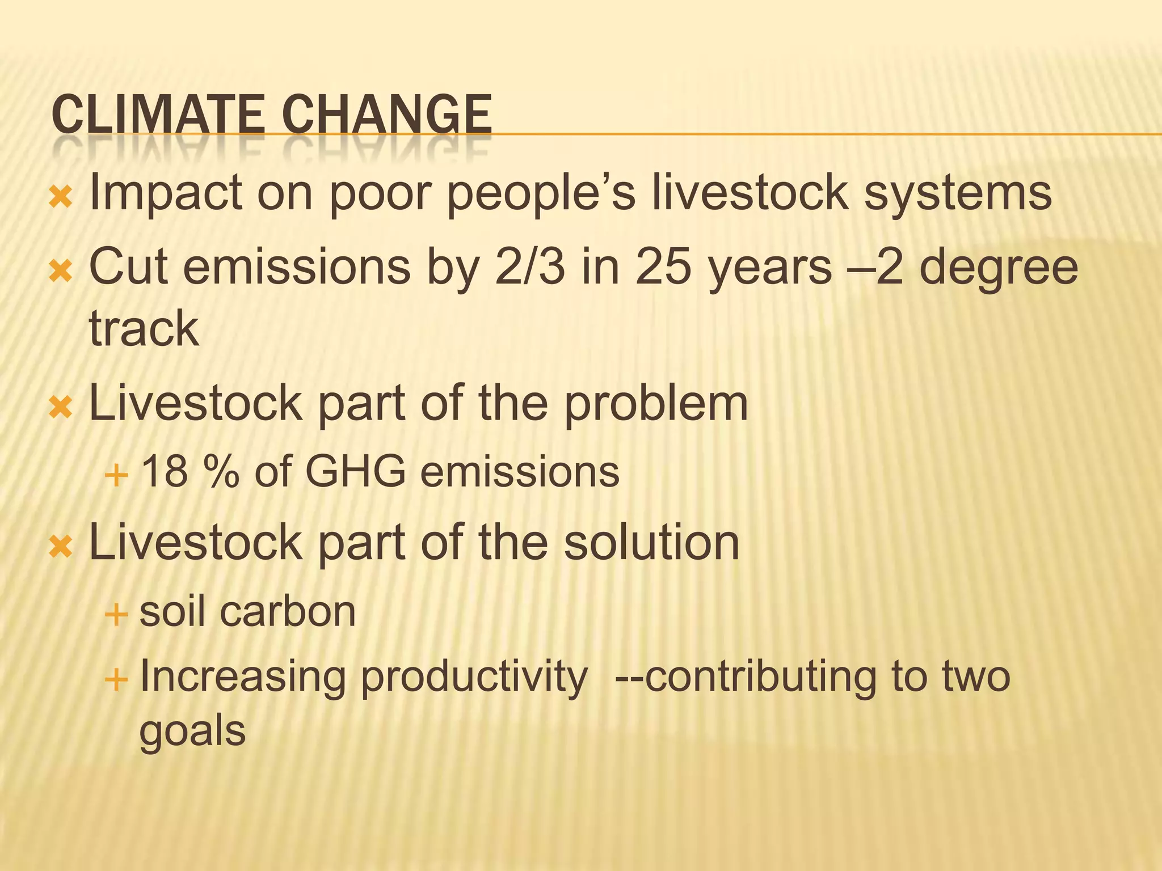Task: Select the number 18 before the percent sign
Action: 165,471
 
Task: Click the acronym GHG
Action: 356,471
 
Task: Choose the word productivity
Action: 474,678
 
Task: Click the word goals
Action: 192,732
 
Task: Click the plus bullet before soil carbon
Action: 116,614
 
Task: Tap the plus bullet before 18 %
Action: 116,474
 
